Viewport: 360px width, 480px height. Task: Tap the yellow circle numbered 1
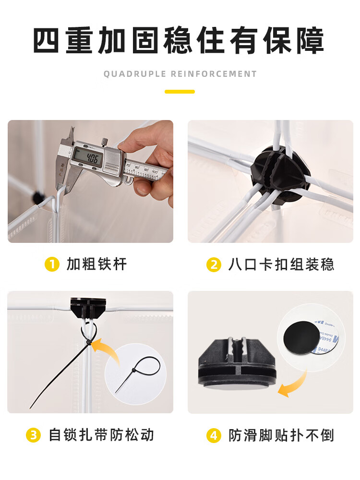tap(52, 264)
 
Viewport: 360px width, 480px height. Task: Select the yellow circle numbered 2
tap(214, 265)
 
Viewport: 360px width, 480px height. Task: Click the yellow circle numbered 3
tap(34, 435)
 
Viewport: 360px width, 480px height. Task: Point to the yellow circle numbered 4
tap(214, 435)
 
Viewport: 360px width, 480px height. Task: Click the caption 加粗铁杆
tap(96, 264)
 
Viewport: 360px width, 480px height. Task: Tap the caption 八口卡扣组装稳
tap(281, 265)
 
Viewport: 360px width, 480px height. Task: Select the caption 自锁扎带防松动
tap(101, 435)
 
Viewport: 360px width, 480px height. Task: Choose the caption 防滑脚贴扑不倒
tap(281, 435)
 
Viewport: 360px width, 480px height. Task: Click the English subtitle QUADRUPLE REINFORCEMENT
tap(180, 74)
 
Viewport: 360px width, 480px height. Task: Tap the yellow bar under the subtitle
tap(180, 92)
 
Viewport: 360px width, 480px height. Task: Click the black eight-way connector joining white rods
tap(278, 175)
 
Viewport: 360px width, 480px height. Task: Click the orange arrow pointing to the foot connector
tap(295, 386)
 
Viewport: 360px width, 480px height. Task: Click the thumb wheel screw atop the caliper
tap(105, 142)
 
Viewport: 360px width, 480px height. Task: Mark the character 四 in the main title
tap(46, 40)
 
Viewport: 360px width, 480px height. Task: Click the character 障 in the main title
tap(310, 40)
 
